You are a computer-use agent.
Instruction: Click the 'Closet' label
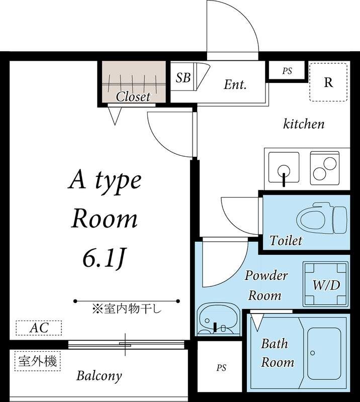pos(133,96)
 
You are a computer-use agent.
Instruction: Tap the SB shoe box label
pos(183,78)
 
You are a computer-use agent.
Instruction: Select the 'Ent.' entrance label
pos(235,84)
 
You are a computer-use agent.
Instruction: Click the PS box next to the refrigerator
pos(287,71)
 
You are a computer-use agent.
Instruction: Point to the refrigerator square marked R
pos(328,82)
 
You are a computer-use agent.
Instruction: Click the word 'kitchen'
pos(304,124)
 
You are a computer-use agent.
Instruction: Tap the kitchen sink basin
pos(284,168)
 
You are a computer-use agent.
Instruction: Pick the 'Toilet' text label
pos(286,241)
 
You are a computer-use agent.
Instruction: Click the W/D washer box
pos(326,285)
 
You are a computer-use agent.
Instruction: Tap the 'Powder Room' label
pos(266,285)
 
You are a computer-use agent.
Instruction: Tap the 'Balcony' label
pos(99,375)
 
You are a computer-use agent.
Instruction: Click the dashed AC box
pos(39,328)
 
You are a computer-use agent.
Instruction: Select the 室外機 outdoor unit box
pos(38,361)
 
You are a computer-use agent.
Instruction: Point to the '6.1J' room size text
pos(103,258)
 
